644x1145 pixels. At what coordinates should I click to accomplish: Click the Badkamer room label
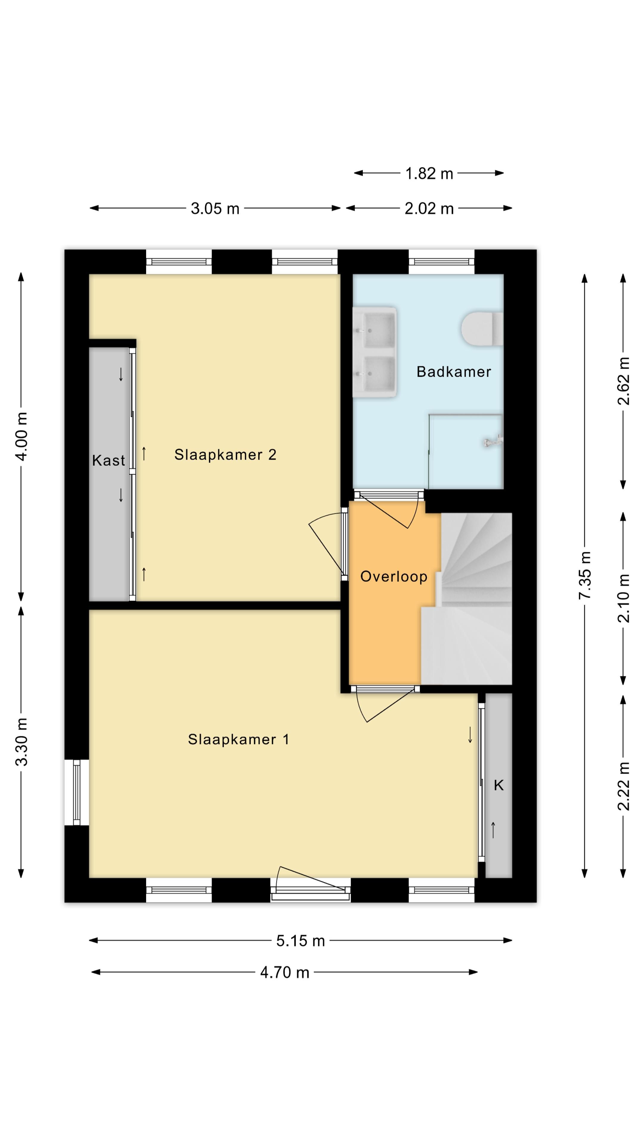pos(453,372)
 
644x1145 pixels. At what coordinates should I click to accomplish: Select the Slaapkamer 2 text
pos(225,455)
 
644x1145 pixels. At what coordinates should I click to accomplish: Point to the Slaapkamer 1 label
pos(239,739)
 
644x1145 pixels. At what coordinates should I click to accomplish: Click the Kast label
pos(109,460)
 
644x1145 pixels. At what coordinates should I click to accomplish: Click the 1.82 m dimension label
pos(429,173)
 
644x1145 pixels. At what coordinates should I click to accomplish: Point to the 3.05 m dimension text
pos(215,208)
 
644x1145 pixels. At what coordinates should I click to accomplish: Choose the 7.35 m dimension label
pos(585,575)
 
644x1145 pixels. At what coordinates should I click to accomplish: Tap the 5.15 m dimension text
pos(301,940)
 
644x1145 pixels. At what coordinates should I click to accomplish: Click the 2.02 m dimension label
pos(429,208)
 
